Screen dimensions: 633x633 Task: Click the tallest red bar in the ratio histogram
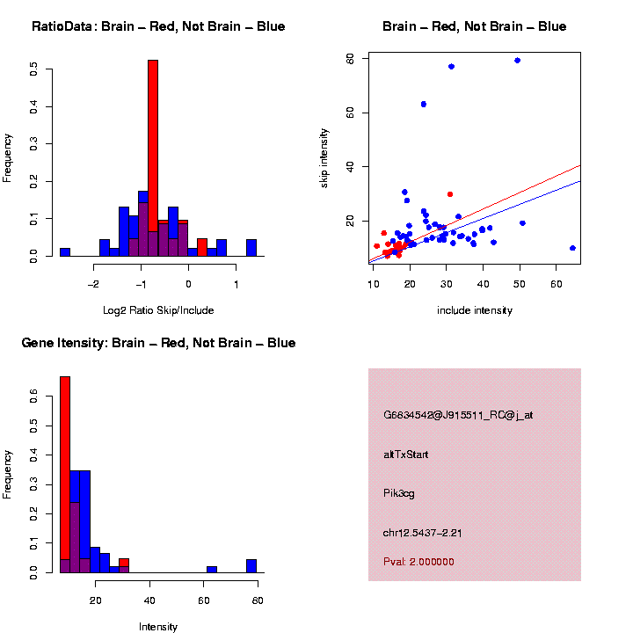tap(153, 158)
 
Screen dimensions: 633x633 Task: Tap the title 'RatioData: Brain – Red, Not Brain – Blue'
tap(158, 26)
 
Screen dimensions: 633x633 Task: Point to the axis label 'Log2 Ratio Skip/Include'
tap(158, 309)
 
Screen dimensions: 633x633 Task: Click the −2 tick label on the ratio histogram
tap(94, 284)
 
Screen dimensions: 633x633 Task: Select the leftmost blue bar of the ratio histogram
tap(65, 252)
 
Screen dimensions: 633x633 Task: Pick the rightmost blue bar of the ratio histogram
tap(251, 248)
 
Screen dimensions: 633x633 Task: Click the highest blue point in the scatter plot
tap(518, 61)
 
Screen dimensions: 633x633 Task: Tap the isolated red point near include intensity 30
tap(450, 193)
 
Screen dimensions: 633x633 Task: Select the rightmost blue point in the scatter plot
tap(572, 248)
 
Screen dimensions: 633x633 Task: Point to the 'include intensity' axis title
tap(475, 309)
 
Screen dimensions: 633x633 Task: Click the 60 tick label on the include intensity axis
tap(556, 284)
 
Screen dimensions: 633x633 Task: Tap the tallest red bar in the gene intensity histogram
tap(65, 475)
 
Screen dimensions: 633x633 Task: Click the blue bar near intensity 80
tap(251, 566)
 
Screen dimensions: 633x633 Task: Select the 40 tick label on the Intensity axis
tap(150, 601)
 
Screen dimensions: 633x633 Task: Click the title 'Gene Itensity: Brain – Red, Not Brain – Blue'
tap(158, 343)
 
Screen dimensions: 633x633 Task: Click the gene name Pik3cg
tap(399, 493)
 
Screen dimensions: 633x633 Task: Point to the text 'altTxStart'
tap(406, 455)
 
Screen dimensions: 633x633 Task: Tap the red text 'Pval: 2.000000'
tap(418, 562)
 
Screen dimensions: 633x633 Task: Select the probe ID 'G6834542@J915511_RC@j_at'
tap(458, 415)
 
